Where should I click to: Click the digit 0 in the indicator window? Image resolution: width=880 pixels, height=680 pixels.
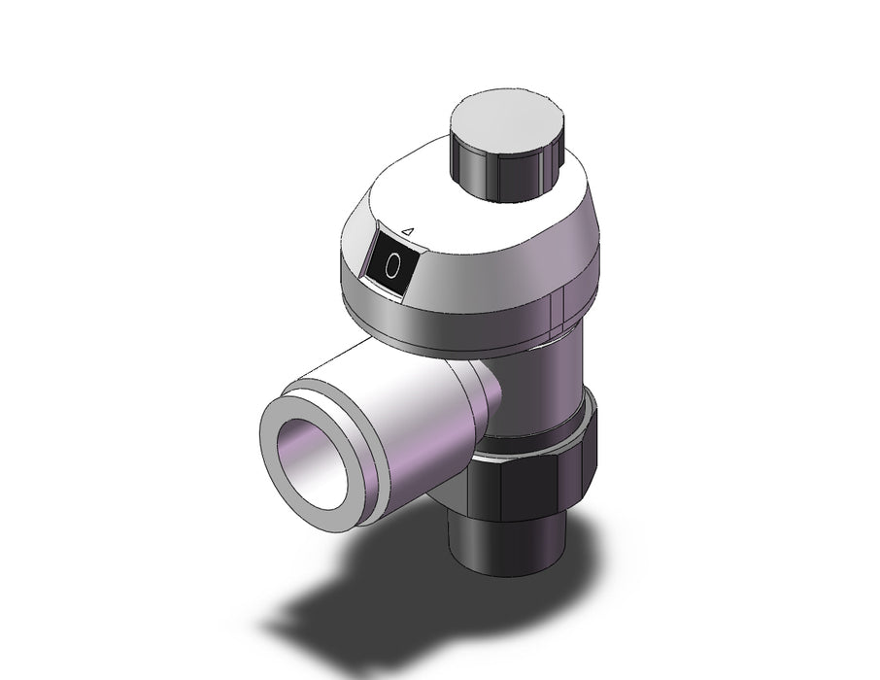[392, 265]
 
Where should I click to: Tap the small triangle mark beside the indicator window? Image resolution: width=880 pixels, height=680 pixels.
[409, 231]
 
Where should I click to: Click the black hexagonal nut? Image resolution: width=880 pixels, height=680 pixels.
[530, 465]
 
